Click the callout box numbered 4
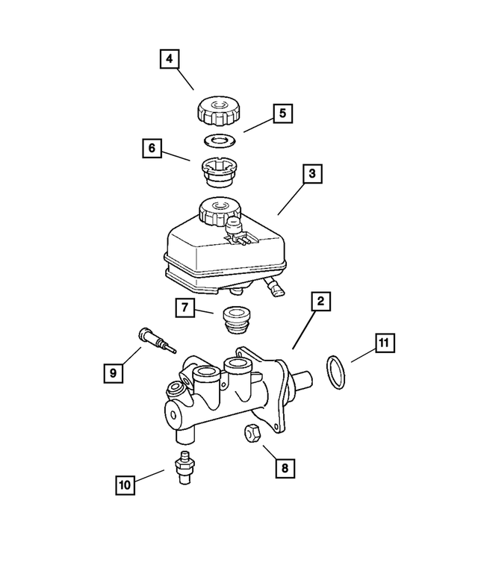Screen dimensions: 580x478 (170, 59)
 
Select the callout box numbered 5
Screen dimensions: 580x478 (282, 113)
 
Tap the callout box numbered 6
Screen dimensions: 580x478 (152, 149)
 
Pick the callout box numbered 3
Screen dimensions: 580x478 (313, 175)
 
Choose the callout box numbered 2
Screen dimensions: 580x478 (320, 302)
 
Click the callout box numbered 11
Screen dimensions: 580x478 (382, 343)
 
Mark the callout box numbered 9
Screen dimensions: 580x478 (112, 372)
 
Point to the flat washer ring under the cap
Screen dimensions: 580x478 (219, 140)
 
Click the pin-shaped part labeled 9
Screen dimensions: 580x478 (155, 340)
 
